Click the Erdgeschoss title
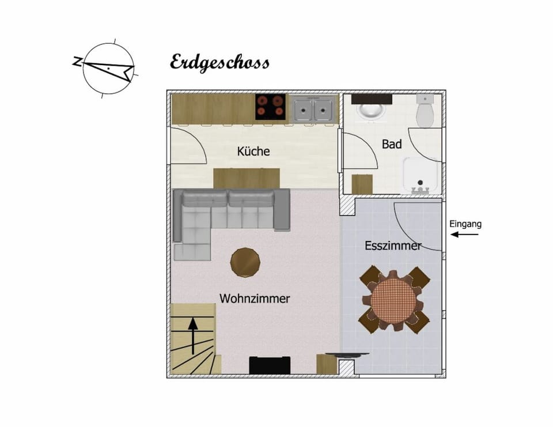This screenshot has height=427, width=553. (x=219, y=63)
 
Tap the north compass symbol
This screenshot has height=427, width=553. (x=106, y=69)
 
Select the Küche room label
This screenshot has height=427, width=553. (x=253, y=151)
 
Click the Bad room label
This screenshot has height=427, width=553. (x=392, y=144)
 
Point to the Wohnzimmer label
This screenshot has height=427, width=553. (x=255, y=298)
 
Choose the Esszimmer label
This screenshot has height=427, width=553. (x=393, y=245)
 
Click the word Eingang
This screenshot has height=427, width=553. (x=465, y=224)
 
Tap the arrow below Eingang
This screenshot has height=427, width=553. (x=464, y=235)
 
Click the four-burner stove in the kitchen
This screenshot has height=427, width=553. (x=271, y=107)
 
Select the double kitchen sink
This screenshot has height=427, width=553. (x=313, y=108)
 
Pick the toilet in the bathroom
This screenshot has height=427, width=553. (x=425, y=110)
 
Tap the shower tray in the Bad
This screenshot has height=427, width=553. (x=421, y=175)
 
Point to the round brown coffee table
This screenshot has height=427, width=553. (x=245, y=262)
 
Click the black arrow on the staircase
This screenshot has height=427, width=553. (x=192, y=336)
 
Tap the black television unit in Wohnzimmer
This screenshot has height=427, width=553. (x=270, y=365)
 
